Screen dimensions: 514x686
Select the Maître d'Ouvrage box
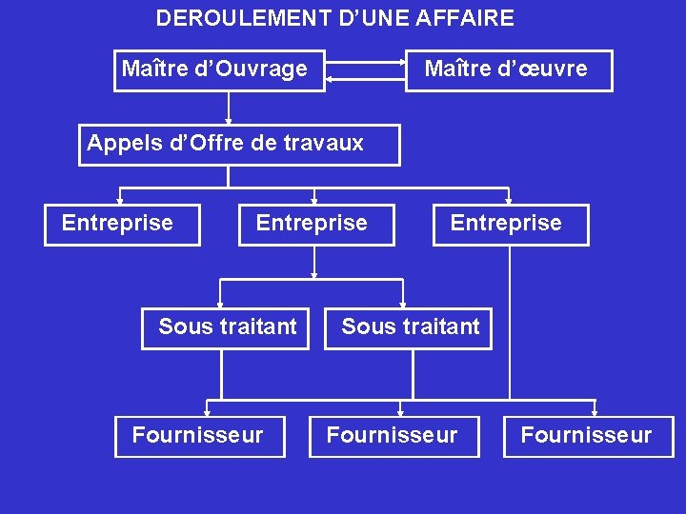219,70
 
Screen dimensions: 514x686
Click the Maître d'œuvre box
509,70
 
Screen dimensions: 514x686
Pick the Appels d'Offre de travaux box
238,145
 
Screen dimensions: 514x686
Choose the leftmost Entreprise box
122,225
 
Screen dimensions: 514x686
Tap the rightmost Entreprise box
511,225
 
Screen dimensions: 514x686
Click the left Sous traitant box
226,328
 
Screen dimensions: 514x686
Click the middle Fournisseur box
393,437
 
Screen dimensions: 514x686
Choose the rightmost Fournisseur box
588,437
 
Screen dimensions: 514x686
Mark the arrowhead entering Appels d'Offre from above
229,121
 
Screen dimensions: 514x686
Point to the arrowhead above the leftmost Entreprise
120,201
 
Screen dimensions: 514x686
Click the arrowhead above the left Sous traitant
221,305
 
